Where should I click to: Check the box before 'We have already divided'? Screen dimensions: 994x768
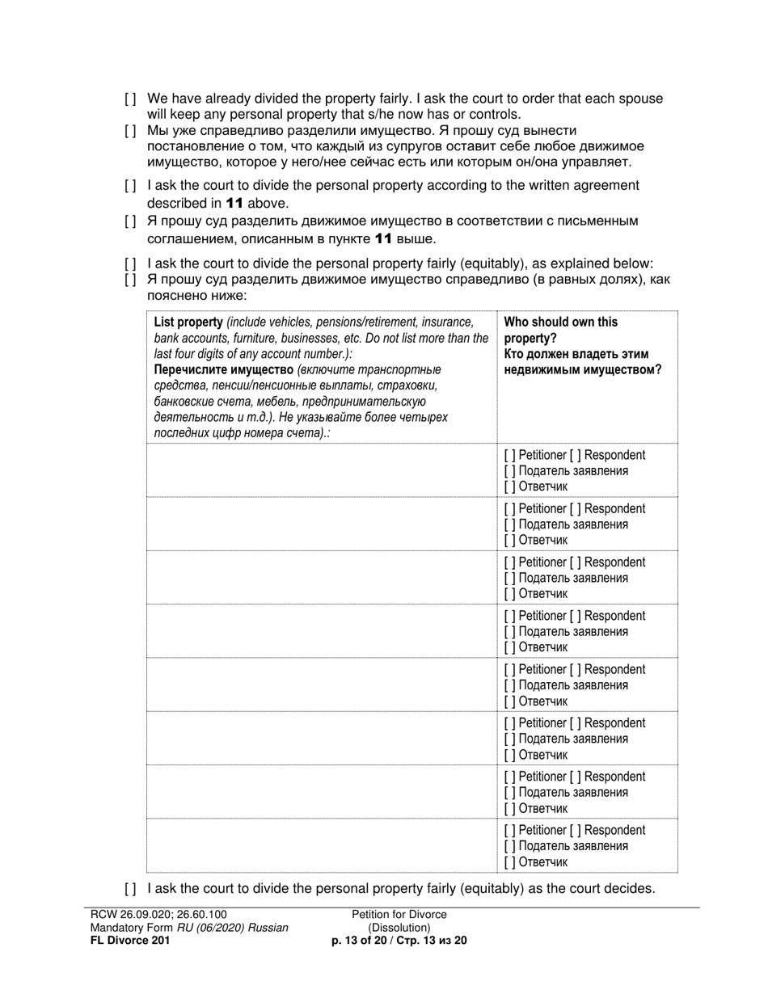(x=130, y=99)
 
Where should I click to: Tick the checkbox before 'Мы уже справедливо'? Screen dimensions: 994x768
(x=130, y=131)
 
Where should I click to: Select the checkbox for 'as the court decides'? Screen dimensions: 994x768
(x=130, y=889)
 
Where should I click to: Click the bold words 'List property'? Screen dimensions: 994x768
(x=188, y=322)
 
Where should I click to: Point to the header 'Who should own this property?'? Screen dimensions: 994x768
(x=560, y=330)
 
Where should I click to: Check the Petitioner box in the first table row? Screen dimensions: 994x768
(x=508, y=455)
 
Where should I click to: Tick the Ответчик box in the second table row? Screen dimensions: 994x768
(x=508, y=540)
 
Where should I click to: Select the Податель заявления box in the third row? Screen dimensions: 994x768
(x=508, y=579)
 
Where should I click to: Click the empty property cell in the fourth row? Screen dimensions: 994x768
(x=321, y=631)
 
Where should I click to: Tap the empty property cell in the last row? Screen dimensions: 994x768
(x=321, y=846)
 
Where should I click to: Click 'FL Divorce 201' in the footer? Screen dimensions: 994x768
(x=129, y=941)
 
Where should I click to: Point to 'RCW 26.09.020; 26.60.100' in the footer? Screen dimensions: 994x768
(x=153, y=915)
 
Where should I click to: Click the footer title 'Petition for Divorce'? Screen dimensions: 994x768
(x=399, y=915)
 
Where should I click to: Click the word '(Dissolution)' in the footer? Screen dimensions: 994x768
(x=399, y=928)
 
